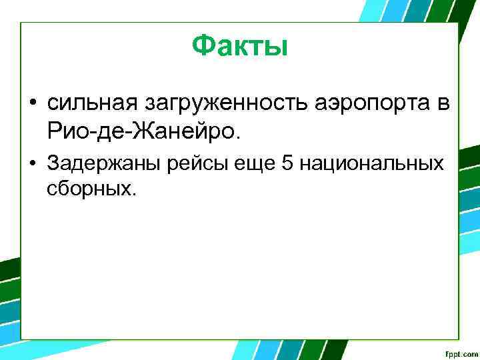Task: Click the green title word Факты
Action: (x=239, y=46)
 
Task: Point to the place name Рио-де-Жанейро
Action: (x=141, y=131)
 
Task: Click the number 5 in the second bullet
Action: (x=288, y=164)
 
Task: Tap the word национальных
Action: (x=371, y=164)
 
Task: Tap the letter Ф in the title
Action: (x=203, y=46)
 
